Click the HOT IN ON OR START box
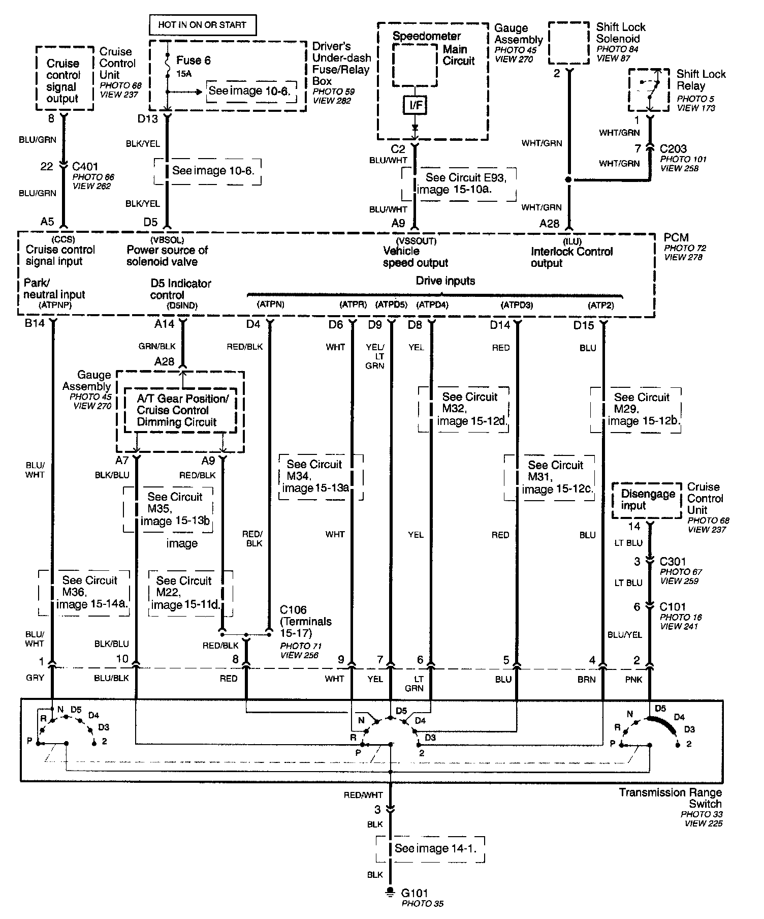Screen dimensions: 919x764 (x=202, y=24)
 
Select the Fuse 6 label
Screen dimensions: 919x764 (x=193, y=60)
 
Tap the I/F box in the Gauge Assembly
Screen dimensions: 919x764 (x=416, y=106)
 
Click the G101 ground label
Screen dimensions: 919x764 (x=414, y=893)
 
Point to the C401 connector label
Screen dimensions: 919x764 (x=85, y=166)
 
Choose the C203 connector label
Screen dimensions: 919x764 (x=673, y=149)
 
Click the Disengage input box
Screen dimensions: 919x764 (x=647, y=500)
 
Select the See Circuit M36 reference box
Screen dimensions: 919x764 (x=84, y=593)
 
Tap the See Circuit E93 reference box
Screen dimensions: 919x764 (x=459, y=183)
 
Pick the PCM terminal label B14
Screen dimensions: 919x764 (x=35, y=324)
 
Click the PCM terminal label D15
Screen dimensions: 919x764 (x=583, y=325)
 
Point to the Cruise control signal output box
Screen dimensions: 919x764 (x=64, y=78)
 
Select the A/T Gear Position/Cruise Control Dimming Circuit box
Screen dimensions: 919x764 (x=181, y=410)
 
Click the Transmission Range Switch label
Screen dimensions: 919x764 (x=670, y=798)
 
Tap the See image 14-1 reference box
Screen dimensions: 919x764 (x=430, y=848)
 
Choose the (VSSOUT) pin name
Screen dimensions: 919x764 (x=416, y=241)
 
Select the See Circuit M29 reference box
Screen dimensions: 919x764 (x=635, y=410)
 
